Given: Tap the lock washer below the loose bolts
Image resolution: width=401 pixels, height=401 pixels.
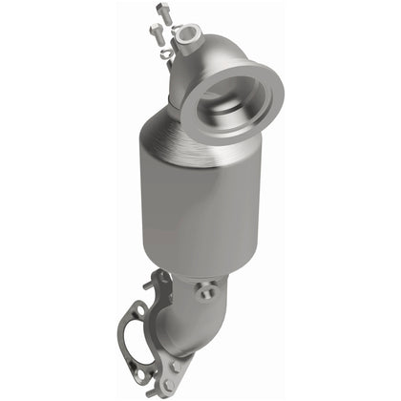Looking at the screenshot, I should point(165,54).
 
